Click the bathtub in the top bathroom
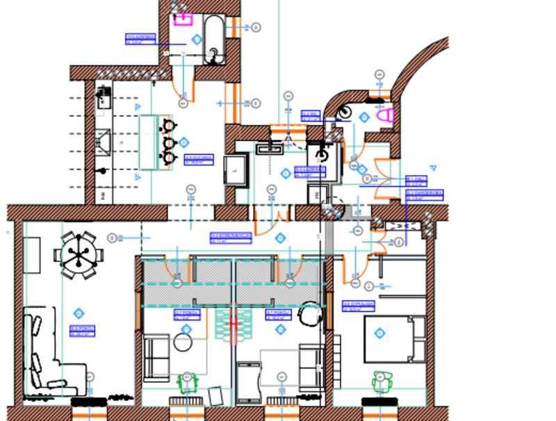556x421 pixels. [213, 40]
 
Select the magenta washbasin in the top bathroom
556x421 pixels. [183, 19]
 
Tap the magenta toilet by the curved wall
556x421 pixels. [388, 115]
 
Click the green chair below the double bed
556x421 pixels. [380, 382]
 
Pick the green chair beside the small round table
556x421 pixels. [187, 382]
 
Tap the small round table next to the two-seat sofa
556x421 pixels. [183, 342]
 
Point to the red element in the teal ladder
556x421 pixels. [234, 327]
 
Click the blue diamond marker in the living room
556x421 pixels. [79, 313]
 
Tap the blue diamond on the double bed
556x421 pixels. [379, 333]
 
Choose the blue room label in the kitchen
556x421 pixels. [199, 160]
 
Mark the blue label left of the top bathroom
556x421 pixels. [139, 39]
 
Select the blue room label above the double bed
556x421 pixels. [359, 306]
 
